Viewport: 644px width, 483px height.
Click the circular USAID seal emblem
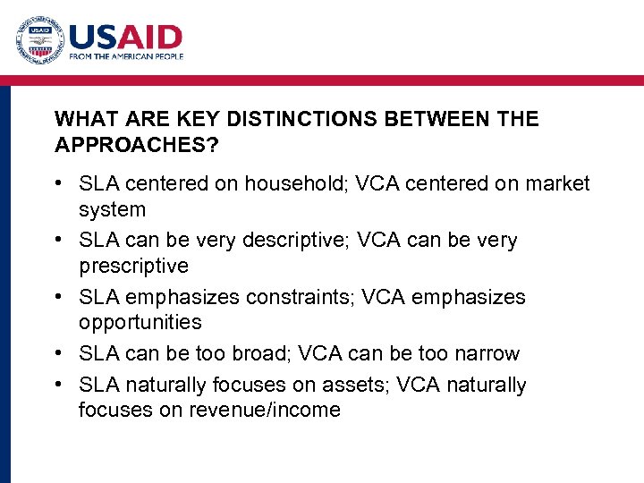point(39,40)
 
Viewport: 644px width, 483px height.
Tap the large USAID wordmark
point(125,37)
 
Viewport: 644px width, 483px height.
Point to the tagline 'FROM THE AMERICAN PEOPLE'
point(126,56)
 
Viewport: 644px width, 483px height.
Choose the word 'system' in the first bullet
point(112,209)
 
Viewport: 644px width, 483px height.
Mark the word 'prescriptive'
point(133,266)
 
